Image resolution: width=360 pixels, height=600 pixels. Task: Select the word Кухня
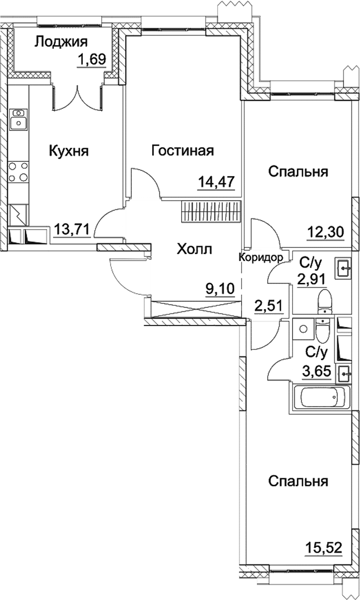[x=68, y=151]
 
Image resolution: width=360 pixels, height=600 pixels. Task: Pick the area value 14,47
[x=216, y=182]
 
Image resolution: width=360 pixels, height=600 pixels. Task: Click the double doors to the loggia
[x=78, y=97]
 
